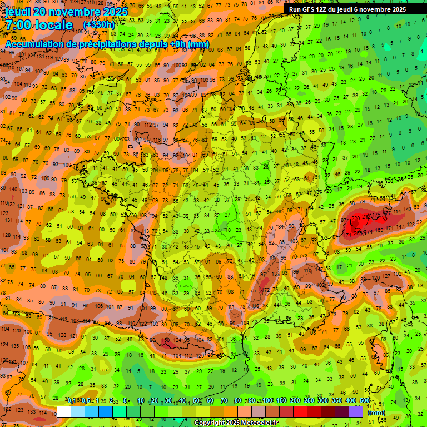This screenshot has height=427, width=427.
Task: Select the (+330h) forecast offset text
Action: (x=98, y=25)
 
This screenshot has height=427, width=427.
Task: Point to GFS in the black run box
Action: (x=310, y=9)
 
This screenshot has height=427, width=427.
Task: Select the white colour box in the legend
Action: (x=64, y=411)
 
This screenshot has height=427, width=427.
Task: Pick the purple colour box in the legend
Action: (x=356, y=411)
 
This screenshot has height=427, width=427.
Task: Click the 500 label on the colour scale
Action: (x=364, y=401)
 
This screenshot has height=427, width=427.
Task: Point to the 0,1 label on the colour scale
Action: (x=72, y=401)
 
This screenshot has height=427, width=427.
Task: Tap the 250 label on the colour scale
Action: (x=309, y=401)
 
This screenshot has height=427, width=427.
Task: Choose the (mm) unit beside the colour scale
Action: (x=377, y=413)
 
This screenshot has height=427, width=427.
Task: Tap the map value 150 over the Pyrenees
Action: (x=165, y=340)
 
